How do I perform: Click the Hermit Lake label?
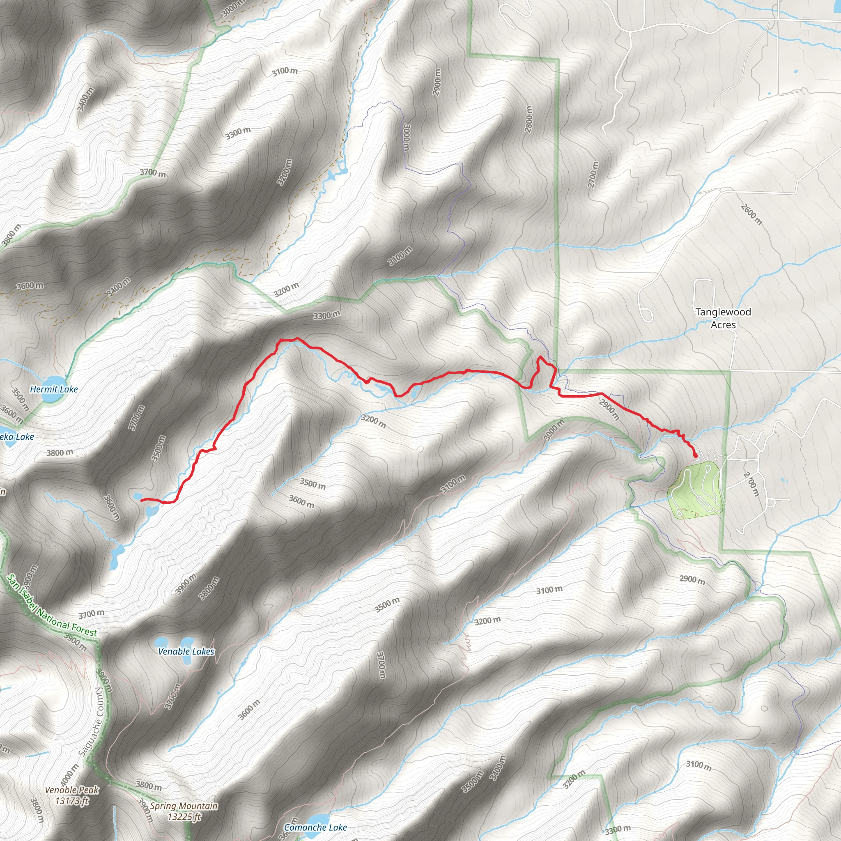[x=53, y=389]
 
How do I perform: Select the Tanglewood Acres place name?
[x=723, y=318]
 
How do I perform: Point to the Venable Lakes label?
[x=186, y=651]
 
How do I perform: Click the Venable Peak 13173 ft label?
[x=72, y=795]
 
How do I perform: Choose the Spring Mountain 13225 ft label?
[x=184, y=811]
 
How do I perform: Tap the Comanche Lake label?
[x=315, y=827]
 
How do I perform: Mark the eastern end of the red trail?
[x=696, y=456]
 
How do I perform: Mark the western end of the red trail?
[x=142, y=500]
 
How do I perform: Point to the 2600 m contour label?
[x=751, y=214]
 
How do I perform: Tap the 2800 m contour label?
[x=528, y=119]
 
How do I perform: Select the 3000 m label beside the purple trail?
[x=406, y=137]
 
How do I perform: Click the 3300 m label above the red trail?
[x=326, y=315]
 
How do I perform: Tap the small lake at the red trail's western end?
[x=138, y=496]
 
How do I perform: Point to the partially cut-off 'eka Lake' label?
[x=16, y=437]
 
